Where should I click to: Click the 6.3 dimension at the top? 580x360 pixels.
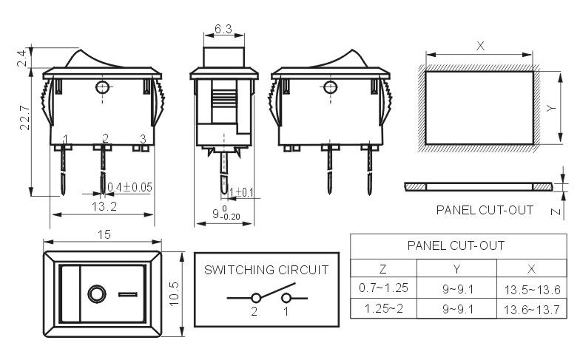click(223, 29)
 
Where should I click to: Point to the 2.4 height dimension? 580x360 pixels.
click(22, 58)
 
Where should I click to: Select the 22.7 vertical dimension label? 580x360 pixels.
click(25, 118)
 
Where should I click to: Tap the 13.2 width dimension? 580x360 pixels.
click(104, 206)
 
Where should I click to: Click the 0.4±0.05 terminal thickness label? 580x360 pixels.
click(130, 187)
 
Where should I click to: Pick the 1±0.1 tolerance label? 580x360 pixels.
click(241, 192)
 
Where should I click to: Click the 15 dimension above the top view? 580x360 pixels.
click(104, 234)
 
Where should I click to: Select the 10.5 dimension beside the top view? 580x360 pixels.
click(174, 294)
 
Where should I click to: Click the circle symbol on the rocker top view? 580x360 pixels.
click(97, 294)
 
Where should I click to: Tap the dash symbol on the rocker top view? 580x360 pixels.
click(128, 294)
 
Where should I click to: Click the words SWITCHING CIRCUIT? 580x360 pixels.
click(266, 270)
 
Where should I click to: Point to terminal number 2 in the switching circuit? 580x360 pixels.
click(254, 312)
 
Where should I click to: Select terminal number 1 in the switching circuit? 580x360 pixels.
click(286, 312)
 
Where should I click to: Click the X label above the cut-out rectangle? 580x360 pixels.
click(480, 46)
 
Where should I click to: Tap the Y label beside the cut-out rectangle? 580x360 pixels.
click(551, 108)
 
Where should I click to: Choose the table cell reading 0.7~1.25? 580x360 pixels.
click(383, 288)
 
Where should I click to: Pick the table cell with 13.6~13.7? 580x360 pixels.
click(531, 310)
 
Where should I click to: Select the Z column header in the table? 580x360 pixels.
click(383, 269)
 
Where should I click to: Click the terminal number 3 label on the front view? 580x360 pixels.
click(144, 139)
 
